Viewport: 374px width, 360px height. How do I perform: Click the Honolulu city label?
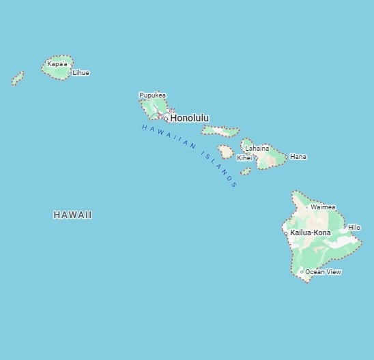tap(190, 118)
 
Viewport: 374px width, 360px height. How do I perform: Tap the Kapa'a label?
tap(57, 64)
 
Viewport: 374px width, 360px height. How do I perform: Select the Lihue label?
tap(81, 73)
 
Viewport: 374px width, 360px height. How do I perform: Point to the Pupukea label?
tap(152, 95)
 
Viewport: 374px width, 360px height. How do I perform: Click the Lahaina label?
tap(257, 148)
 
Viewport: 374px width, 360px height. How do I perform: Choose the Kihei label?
tap(244, 157)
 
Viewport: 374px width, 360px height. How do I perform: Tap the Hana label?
tap(298, 157)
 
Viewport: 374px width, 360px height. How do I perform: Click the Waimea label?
tap(323, 207)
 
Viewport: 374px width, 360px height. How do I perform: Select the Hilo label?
tap(354, 228)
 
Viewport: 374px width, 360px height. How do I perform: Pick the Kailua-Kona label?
tap(311, 232)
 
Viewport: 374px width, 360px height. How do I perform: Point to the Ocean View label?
tap(323, 272)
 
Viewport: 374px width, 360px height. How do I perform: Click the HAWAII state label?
tap(72, 215)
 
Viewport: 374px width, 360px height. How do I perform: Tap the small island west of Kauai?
tap(18, 78)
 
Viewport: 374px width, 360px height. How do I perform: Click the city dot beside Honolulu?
tap(166, 119)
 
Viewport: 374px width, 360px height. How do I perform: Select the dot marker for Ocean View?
tap(302, 272)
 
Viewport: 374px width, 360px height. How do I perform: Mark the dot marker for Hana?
tap(286, 157)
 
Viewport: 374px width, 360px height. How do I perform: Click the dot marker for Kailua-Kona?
tap(286, 232)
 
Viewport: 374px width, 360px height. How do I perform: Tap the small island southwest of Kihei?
tap(246, 172)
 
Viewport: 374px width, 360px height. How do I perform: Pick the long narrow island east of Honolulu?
tap(220, 130)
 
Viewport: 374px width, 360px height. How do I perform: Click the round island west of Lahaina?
tap(225, 151)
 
